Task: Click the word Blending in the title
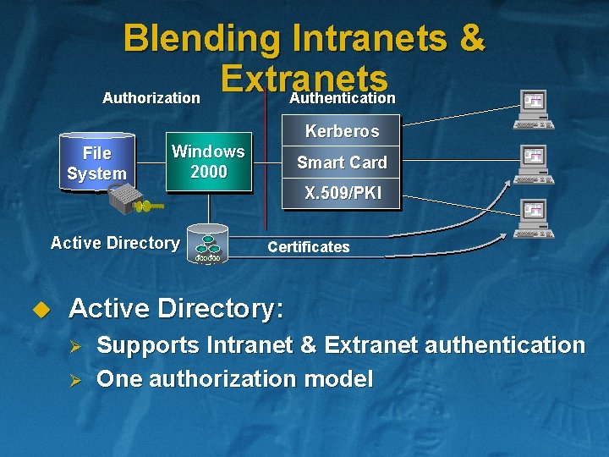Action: (201, 38)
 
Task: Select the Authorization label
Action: (151, 98)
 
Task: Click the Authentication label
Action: (343, 98)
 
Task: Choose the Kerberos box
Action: (342, 131)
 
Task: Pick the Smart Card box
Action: (342, 162)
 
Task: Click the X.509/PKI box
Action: (342, 193)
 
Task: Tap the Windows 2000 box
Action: (208, 162)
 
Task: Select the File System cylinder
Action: (96, 163)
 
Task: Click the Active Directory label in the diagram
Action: (114, 244)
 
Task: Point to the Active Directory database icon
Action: (207, 245)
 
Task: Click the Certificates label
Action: (308, 247)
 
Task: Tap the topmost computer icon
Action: (535, 108)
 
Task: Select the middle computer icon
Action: (535, 163)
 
